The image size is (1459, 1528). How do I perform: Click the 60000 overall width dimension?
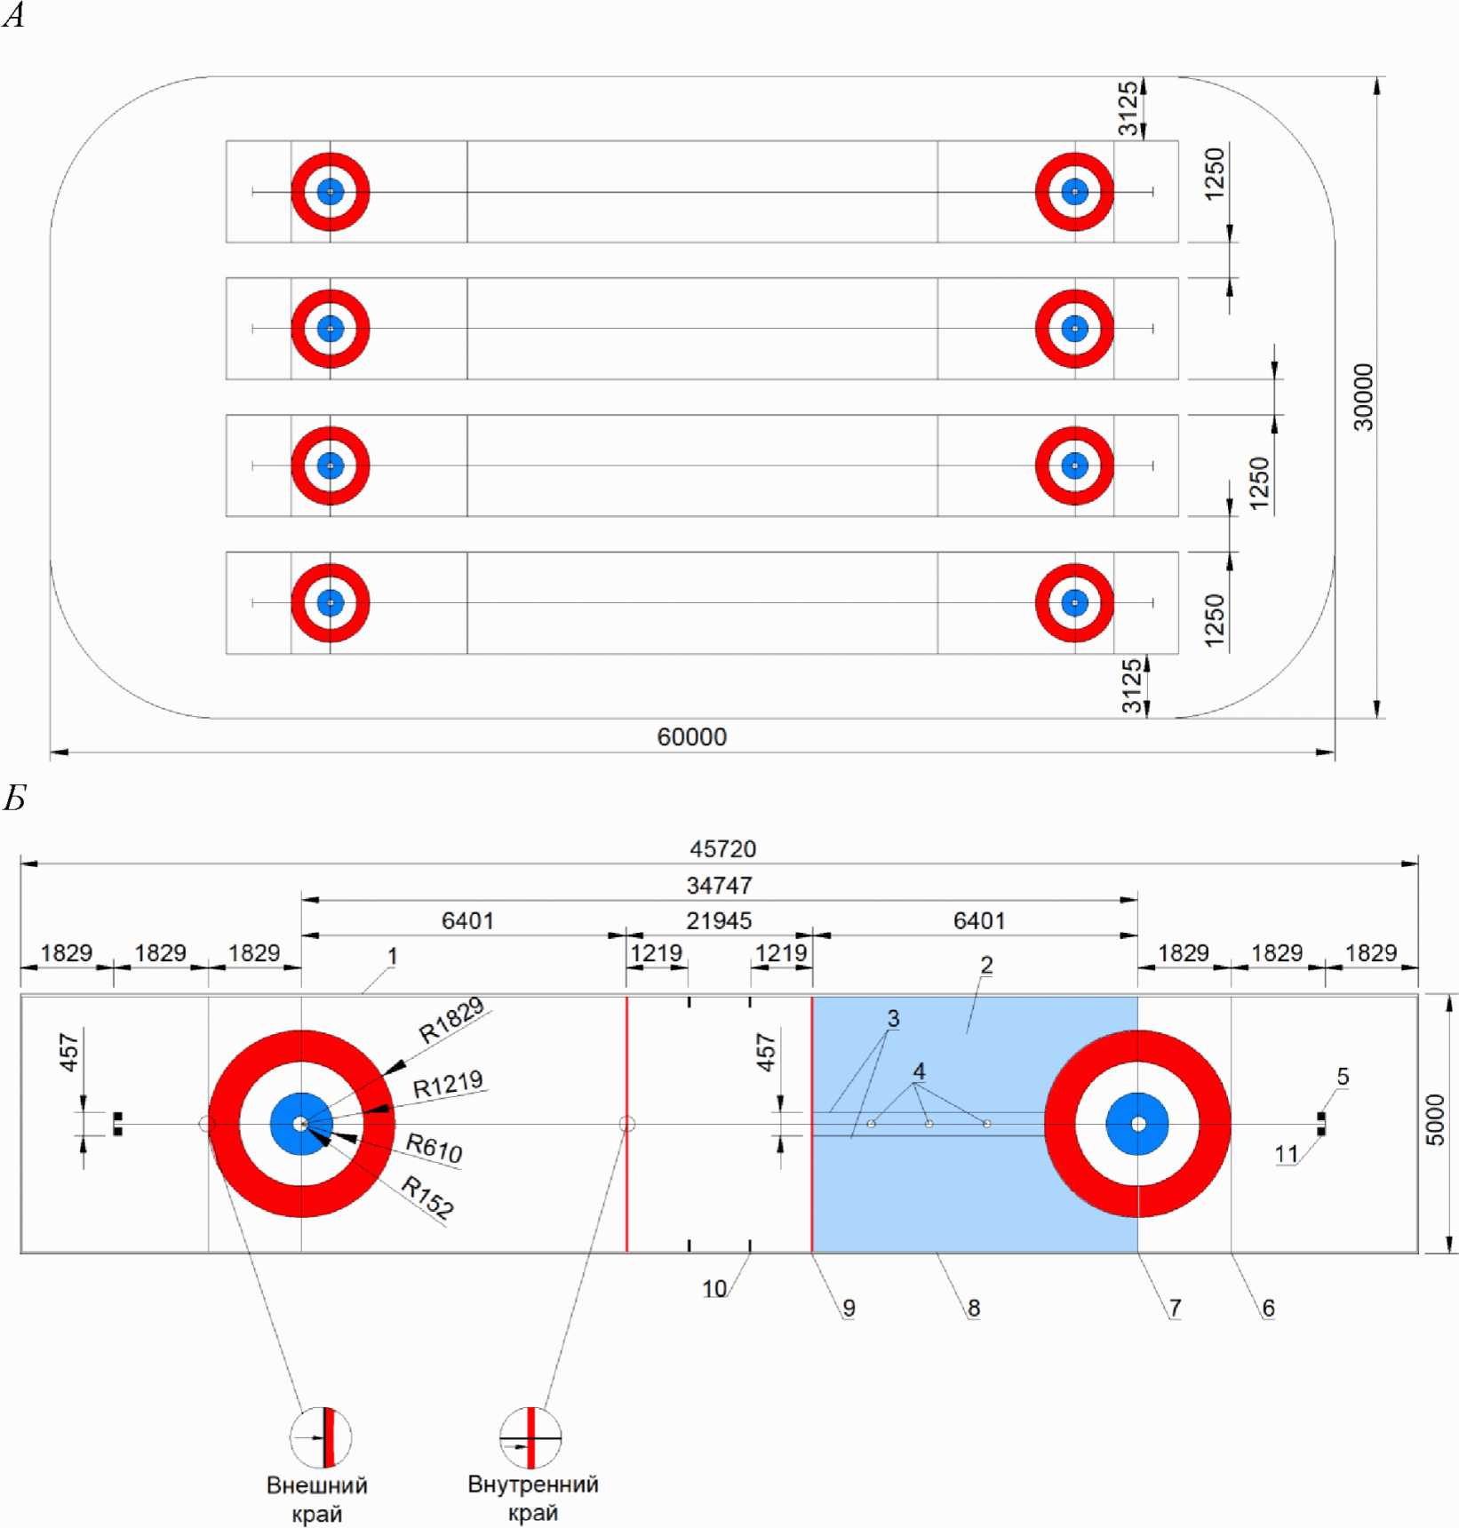(x=691, y=737)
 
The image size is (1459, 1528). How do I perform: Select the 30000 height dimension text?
(x=1364, y=397)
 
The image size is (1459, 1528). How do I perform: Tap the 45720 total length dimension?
(x=723, y=849)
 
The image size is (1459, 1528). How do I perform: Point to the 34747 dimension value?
(x=720, y=886)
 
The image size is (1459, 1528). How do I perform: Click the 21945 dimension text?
(x=720, y=921)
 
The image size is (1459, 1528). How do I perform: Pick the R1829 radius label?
(x=452, y=1020)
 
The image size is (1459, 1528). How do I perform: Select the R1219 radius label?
(x=449, y=1085)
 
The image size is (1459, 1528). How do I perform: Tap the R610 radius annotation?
(x=435, y=1148)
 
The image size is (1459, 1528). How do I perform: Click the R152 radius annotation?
(x=427, y=1196)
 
